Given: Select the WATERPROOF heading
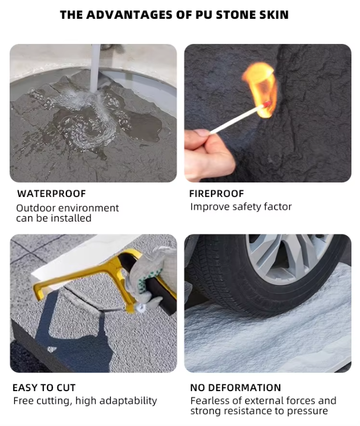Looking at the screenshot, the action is [52, 194].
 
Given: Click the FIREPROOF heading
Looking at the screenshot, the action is [217, 194].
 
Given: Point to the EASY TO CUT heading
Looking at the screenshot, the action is [44, 388].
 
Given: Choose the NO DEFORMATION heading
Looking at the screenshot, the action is [236, 388].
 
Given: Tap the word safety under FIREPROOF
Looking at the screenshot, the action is [243, 207].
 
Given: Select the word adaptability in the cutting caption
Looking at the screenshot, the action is [128, 401].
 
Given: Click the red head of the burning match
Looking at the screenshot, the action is [266, 104].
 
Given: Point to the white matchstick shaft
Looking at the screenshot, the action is [237, 120].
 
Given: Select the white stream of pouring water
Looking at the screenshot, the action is [95, 69].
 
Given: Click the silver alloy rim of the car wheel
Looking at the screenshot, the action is [288, 258].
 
